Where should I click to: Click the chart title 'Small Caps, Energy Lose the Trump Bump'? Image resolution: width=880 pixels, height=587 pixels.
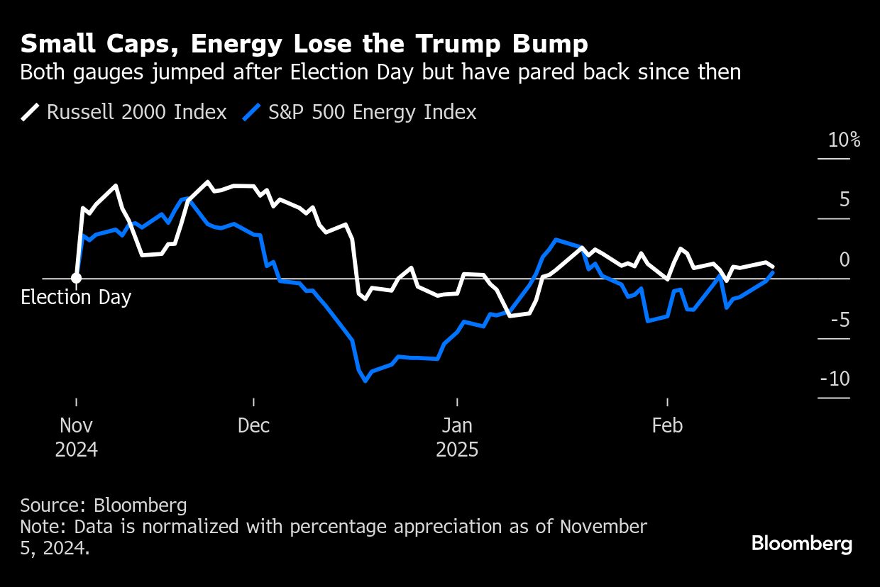(304, 45)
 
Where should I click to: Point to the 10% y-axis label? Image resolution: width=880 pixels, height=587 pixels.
(844, 140)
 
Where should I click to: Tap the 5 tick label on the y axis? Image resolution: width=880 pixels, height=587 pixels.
(844, 200)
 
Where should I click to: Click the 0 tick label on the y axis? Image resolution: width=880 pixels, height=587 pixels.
(844, 259)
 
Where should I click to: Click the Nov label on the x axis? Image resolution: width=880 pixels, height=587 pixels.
(76, 425)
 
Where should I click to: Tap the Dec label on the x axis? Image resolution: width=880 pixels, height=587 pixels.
(254, 425)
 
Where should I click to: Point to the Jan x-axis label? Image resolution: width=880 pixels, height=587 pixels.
(458, 425)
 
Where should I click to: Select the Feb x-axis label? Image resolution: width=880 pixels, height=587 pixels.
(667, 425)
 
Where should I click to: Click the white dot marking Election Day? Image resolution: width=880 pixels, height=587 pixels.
(76, 278)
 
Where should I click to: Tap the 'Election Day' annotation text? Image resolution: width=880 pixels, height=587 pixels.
(76, 297)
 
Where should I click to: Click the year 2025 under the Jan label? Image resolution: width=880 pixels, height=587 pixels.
(458, 450)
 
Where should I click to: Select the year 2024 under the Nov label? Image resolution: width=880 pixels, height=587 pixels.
(76, 450)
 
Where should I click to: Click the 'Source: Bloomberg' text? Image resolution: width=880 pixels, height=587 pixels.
(104, 505)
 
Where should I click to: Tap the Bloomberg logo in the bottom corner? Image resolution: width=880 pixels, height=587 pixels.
(802, 544)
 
